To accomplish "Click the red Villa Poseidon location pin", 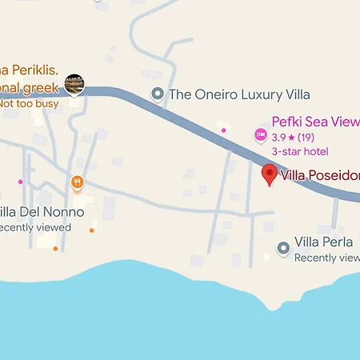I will point(270,174).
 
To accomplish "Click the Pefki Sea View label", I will point(315,122).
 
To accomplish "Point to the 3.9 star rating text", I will point(293,137).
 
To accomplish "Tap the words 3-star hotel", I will point(299,151).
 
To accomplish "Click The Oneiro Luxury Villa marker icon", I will point(158,94).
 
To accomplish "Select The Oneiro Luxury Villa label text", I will point(239,94).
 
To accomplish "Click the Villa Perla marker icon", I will point(282,249).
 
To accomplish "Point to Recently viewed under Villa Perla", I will point(326,258).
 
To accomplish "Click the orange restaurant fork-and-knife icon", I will point(77,182).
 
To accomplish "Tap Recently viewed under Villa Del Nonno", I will point(35,227).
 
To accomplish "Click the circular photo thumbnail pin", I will point(74,82).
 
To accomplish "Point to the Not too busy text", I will point(30,102).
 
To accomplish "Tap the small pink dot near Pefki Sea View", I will point(223,130).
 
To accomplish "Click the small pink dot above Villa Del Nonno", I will point(20,182).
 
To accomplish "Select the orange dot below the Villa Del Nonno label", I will point(55,248).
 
